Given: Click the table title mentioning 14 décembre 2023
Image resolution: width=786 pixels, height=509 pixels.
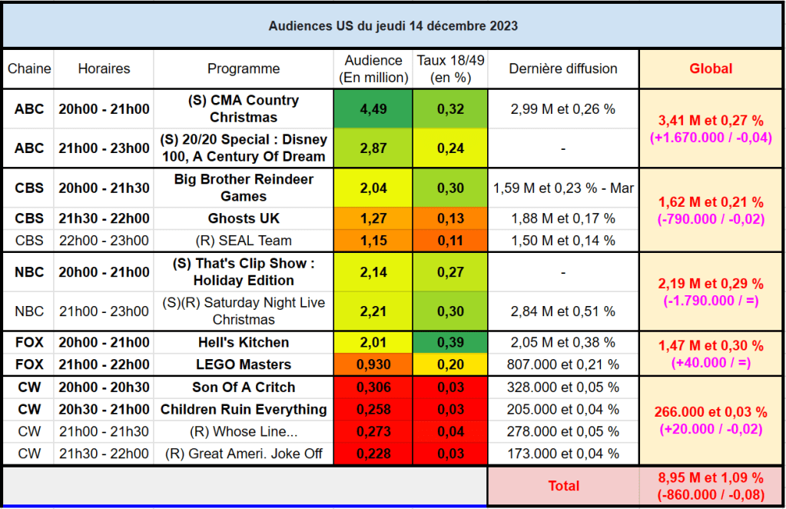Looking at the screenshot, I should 393,26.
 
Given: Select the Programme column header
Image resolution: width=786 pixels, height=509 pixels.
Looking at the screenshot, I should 244,68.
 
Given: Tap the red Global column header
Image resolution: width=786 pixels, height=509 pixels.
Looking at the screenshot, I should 711,68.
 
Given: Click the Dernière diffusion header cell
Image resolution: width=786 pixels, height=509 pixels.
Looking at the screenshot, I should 562,68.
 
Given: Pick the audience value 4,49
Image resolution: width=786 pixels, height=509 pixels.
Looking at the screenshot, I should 373,109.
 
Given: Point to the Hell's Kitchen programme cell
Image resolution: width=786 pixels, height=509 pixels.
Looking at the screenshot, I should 244,342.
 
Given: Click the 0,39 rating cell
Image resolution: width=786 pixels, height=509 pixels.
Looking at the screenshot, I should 450,342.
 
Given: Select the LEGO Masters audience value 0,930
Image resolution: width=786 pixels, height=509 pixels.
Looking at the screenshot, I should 373,364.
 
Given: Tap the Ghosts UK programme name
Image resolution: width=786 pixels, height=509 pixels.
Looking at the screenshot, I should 244,218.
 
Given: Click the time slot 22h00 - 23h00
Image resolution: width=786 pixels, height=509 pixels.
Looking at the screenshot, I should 104,240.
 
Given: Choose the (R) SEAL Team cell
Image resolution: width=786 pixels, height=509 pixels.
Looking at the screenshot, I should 244,240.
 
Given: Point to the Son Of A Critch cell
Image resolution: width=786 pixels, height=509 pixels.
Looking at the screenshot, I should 244,387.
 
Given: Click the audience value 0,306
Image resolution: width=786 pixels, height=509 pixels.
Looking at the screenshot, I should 373,387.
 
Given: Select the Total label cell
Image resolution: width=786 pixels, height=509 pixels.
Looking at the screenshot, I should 562,485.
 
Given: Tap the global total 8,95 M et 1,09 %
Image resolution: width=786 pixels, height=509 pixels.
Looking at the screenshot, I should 711,477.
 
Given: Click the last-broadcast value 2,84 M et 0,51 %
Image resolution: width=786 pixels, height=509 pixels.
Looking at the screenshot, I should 562,311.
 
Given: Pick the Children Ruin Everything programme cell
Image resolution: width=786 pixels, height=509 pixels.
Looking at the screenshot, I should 244,409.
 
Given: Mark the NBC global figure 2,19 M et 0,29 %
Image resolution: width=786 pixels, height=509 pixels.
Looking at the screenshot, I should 711,284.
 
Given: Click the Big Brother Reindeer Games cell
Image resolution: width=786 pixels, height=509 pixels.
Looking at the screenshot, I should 244,188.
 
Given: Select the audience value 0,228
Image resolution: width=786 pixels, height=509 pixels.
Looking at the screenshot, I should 373,454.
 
